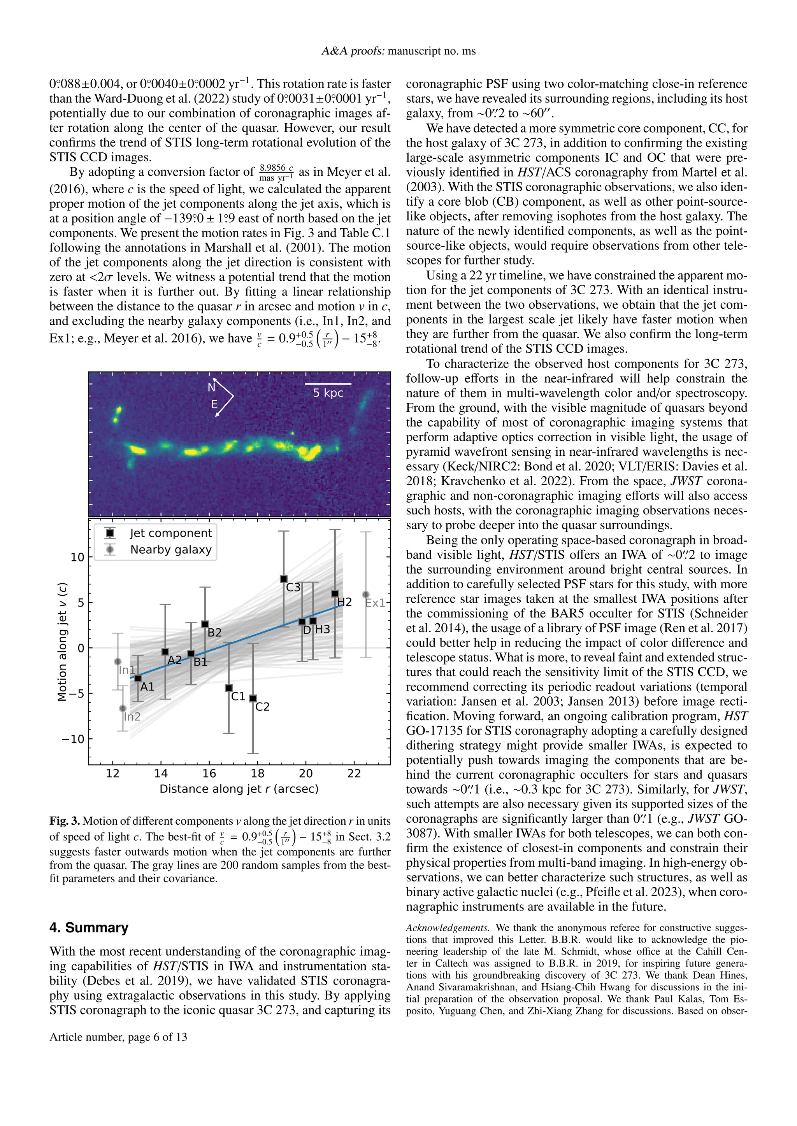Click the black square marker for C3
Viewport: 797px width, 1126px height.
[284, 579]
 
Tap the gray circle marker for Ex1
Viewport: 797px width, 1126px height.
[366, 594]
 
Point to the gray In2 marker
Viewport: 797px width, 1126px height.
[123, 708]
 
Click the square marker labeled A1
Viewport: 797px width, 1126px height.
[139, 678]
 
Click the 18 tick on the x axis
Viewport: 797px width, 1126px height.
[257, 773]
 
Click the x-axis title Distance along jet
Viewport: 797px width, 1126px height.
[239, 789]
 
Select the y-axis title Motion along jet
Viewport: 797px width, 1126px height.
[62, 642]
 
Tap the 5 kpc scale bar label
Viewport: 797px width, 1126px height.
[328, 393]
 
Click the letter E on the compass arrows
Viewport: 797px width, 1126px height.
[214, 405]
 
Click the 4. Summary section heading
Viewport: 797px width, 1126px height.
[89, 928]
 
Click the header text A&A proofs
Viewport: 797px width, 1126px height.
[353, 51]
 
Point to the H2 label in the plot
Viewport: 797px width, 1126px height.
[344, 602]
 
